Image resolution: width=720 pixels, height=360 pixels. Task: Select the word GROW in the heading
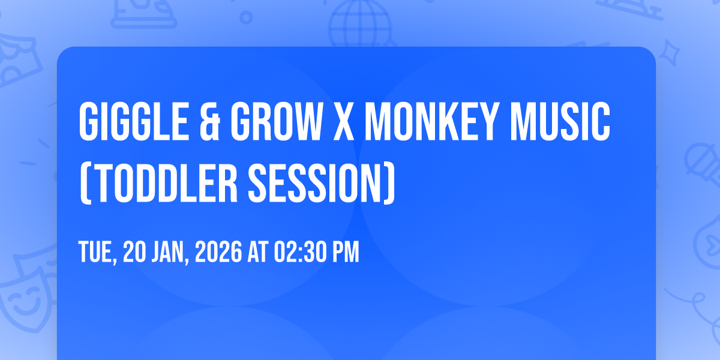coord(273,123)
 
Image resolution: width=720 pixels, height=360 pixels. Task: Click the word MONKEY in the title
coord(434,123)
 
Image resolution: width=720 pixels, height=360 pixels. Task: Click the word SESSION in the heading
coord(317,182)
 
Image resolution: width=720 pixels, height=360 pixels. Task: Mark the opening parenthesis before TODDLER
coord(85,182)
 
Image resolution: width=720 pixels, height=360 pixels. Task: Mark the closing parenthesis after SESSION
coord(389,182)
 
